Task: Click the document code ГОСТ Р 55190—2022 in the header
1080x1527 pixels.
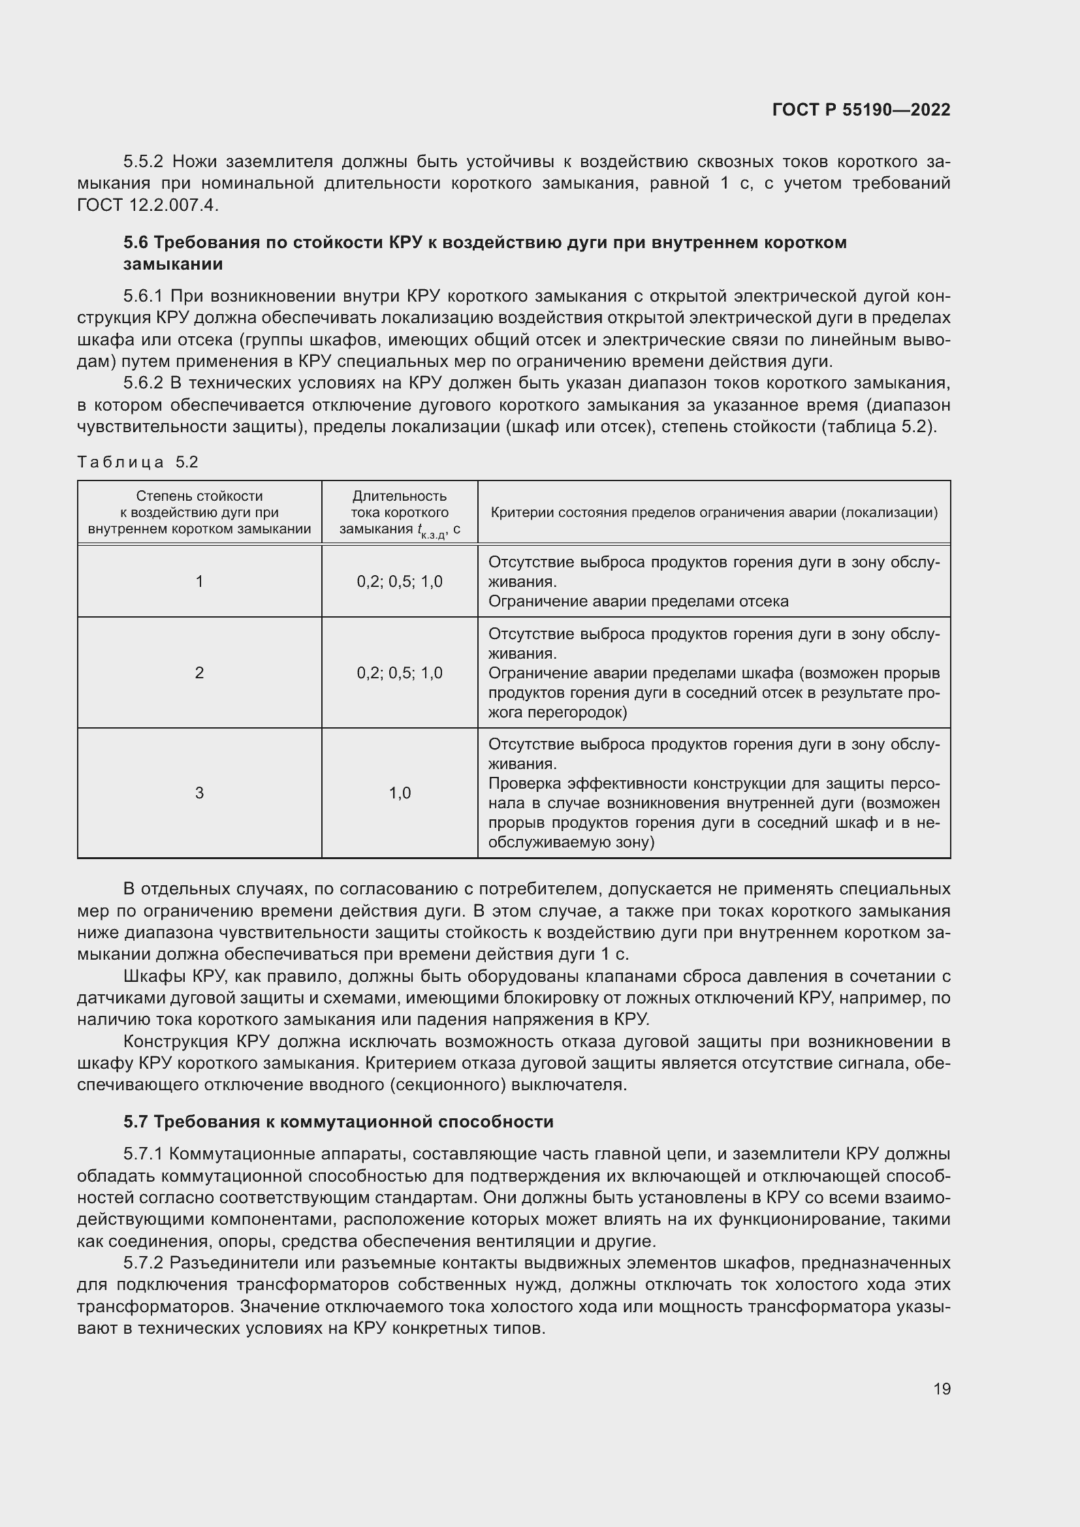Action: [x=861, y=110]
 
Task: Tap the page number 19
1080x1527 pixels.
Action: [x=942, y=1389]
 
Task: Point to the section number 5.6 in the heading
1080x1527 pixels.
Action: [x=136, y=242]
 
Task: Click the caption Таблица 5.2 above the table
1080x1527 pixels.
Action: [x=138, y=462]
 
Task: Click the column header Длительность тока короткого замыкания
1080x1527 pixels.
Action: [x=399, y=512]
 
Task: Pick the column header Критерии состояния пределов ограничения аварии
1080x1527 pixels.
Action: [x=714, y=512]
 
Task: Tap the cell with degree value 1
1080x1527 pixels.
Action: [x=199, y=581]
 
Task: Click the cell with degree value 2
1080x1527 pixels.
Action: [x=199, y=672]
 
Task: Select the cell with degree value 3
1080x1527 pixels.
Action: [x=199, y=792]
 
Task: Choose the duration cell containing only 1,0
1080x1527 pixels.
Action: [x=400, y=792]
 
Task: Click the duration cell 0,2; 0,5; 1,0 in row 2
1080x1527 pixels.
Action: [x=400, y=672]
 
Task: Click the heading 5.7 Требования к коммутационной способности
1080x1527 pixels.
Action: [x=338, y=1122]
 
